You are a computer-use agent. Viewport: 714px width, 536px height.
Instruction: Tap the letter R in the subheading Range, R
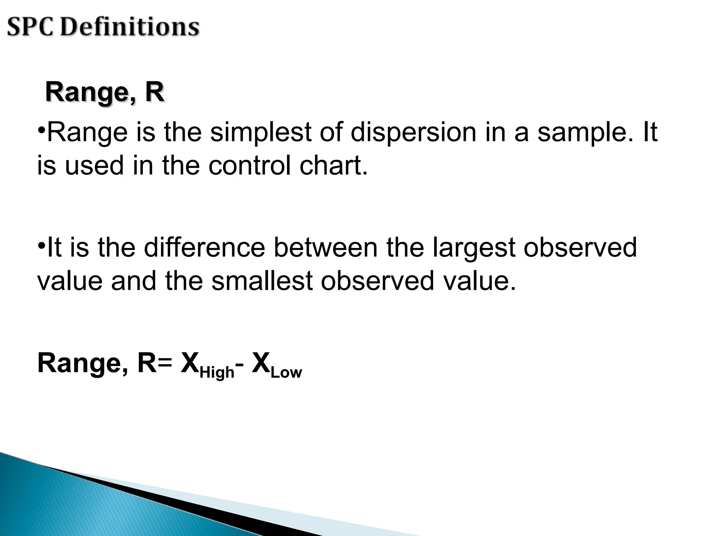tap(154, 92)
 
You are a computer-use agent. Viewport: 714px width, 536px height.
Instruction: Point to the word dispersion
tap(413, 133)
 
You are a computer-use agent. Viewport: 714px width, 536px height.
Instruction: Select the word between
tap(326, 247)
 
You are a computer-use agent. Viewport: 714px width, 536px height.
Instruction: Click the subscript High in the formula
tap(217, 373)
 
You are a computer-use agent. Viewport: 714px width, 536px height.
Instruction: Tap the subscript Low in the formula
tap(286, 373)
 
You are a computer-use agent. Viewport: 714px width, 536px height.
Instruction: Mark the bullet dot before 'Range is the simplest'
tap(41, 130)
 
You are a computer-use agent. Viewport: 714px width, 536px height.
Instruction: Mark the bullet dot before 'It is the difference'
tap(41, 244)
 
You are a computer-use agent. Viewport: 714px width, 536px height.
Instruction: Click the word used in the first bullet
tap(94, 165)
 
